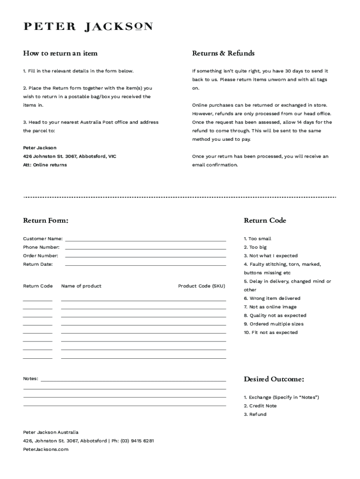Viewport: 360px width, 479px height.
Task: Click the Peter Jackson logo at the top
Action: click(x=88, y=27)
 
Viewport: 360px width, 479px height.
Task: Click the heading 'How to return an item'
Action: click(x=60, y=53)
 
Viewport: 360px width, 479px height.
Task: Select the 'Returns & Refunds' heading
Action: click(x=223, y=53)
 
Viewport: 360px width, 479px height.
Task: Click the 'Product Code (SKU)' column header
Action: click(x=202, y=286)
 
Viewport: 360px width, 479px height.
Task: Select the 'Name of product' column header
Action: click(x=81, y=286)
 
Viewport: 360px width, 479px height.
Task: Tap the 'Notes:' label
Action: click(x=31, y=378)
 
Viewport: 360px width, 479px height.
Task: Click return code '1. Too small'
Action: click(x=257, y=239)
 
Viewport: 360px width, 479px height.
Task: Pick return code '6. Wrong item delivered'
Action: click(x=272, y=298)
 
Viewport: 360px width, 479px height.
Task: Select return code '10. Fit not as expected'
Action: click(x=270, y=333)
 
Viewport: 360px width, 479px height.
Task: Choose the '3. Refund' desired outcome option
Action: click(x=255, y=414)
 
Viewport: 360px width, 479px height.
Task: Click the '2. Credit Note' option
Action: click(x=260, y=406)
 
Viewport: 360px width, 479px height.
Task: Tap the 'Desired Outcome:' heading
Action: click(x=274, y=379)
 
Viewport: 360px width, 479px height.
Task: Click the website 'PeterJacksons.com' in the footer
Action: click(x=46, y=450)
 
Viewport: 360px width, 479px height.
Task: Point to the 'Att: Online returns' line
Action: click(x=45, y=165)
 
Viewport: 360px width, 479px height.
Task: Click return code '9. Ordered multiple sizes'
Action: click(x=273, y=324)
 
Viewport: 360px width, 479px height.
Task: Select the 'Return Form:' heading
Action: click(x=46, y=220)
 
